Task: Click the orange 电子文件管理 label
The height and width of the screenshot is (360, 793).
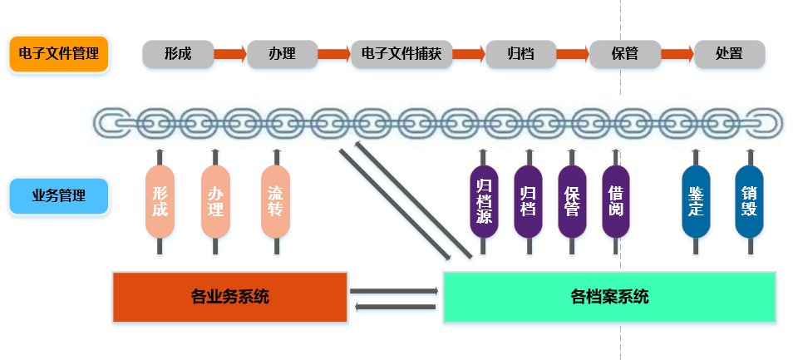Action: click(x=59, y=55)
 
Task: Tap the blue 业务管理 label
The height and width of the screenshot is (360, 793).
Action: click(x=59, y=196)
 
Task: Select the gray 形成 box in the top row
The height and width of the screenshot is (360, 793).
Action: click(x=178, y=54)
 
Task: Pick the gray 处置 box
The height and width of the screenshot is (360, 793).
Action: click(x=729, y=54)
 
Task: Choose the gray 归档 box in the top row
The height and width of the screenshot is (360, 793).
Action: click(x=521, y=54)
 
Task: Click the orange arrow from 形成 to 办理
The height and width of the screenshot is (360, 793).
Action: click(x=230, y=54)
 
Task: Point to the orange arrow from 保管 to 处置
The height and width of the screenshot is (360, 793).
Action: click(x=677, y=54)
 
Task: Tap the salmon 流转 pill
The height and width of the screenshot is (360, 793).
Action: click(x=275, y=201)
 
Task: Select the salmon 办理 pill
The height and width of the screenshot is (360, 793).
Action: click(x=215, y=201)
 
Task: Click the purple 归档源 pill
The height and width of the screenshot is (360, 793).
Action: click(x=484, y=201)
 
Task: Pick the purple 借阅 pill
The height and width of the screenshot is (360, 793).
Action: click(x=615, y=201)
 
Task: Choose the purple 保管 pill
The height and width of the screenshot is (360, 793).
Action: click(x=572, y=201)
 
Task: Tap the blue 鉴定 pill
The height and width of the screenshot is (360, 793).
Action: click(x=696, y=201)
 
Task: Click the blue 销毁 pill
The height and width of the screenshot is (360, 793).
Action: click(x=749, y=201)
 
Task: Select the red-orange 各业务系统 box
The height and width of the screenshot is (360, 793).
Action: click(x=229, y=297)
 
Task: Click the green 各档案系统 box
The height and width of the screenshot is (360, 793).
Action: click(x=609, y=297)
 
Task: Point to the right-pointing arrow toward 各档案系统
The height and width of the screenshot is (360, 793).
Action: click(x=393, y=290)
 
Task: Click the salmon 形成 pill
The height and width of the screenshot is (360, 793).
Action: click(x=160, y=201)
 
